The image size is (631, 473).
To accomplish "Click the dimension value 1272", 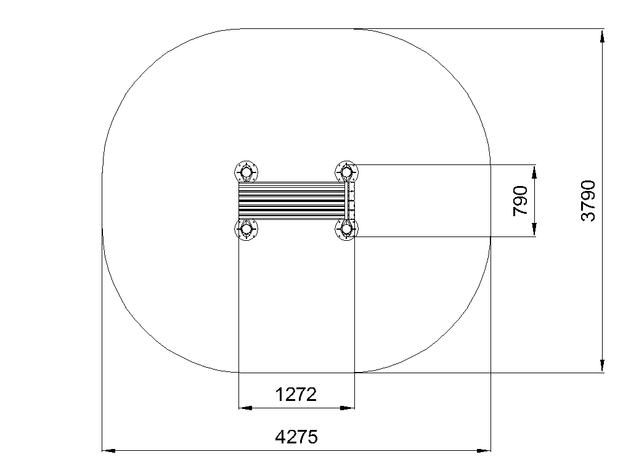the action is [x=296, y=395].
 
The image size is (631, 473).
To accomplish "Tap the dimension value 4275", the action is [x=296, y=437].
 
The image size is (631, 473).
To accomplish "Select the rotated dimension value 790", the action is [x=520, y=201].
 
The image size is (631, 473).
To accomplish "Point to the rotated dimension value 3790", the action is [x=588, y=201].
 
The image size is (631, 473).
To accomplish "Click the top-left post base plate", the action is [x=246, y=172].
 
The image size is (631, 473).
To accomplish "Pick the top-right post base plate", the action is [x=346, y=172].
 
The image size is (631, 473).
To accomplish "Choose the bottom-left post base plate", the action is [x=246, y=230].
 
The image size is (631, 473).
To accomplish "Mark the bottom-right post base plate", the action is [x=346, y=230].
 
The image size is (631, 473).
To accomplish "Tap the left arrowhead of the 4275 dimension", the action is [x=108, y=450].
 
